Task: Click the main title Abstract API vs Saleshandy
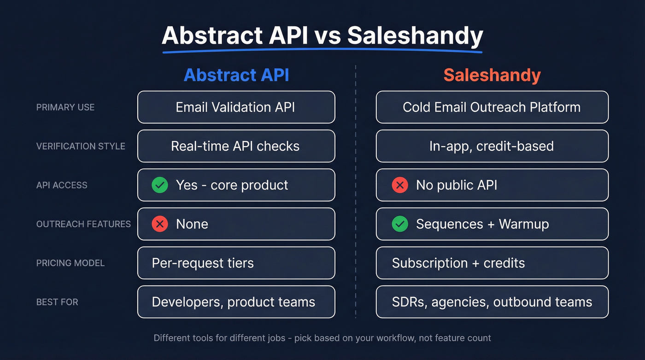tap(322, 36)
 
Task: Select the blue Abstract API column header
tap(236, 75)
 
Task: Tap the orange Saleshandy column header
tap(492, 75)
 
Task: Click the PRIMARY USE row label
tap(65, 107)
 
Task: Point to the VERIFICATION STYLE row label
tap(81, 147)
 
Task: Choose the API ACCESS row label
tap(62, 185)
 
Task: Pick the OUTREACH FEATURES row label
tap(83, 224)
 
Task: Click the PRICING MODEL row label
tap(70, 263)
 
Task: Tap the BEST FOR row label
tap(57, 302)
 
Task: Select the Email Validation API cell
tap(236, 107)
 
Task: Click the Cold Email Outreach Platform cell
tap(492, 107)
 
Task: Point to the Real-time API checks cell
tap(236, 147)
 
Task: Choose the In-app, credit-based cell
tap(492, 147)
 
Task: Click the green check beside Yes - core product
tap(160, 185)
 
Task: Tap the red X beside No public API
tap(400, 185)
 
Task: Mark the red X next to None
tap(160, 224)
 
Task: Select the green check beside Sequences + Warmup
tap(400, 224)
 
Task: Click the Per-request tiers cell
tap(236, 263)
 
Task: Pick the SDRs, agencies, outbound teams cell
tap(492, 302)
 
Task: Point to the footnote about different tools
tap(322, 338)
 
